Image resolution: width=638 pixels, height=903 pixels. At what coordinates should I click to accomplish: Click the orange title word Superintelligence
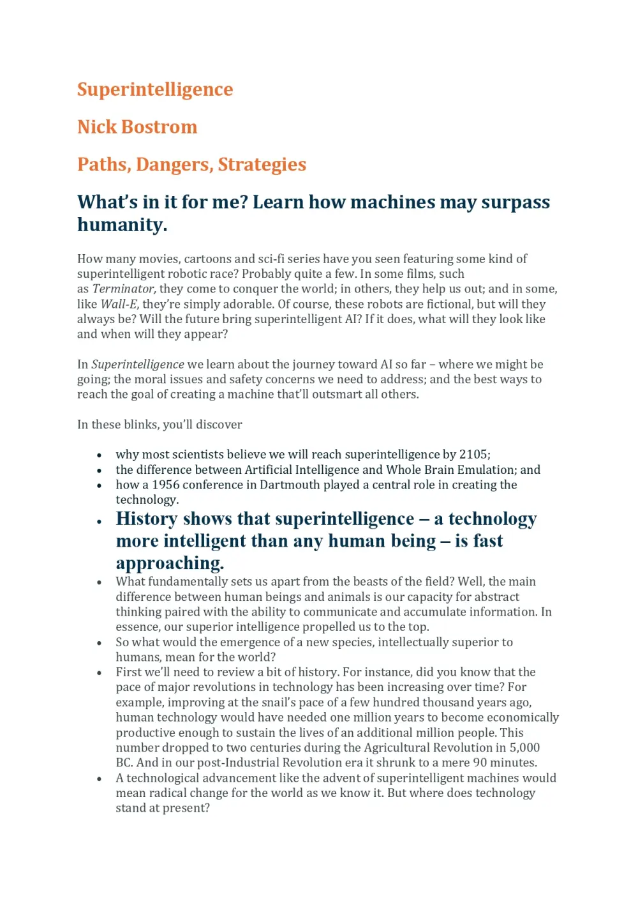coord(155,89)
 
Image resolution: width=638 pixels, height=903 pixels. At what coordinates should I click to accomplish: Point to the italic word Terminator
coord(124,289)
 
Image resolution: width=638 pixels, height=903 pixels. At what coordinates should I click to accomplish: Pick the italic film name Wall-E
coord(119,304)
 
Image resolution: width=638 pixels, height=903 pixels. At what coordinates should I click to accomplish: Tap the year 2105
coord(473,455)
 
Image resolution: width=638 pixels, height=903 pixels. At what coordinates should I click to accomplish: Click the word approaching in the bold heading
coord(170,563)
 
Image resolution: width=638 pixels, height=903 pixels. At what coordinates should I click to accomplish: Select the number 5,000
coord(524,748)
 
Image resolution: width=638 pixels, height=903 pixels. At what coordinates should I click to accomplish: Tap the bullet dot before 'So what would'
coord(100,643)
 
